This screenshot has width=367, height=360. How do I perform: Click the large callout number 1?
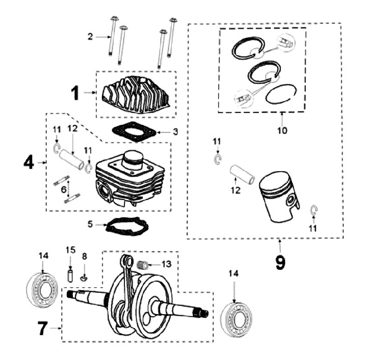[75, 93]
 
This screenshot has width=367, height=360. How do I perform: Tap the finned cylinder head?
[136, 94]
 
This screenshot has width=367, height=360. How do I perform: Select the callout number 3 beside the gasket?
[175, 132]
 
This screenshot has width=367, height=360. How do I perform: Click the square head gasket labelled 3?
[134, 131]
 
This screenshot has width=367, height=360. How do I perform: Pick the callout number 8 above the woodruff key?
[281, 130]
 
